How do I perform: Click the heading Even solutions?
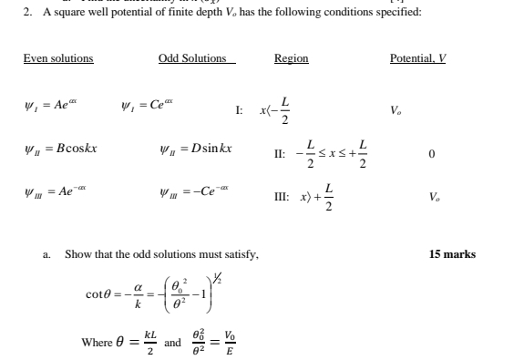(58, 58)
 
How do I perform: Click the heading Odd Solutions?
(192, 58)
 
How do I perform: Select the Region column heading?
(291, 58)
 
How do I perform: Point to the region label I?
(239, 110)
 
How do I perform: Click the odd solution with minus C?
(199, 192)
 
